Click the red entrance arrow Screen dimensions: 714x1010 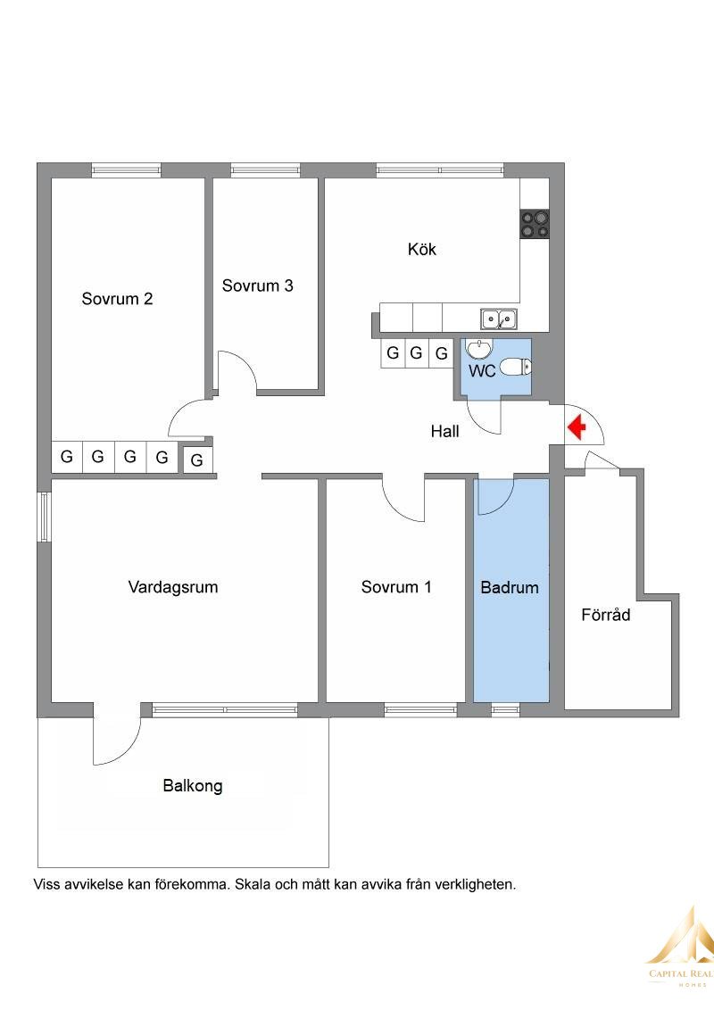pos(576,427)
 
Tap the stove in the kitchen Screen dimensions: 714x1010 pos(535,224)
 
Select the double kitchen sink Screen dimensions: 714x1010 pos(498,319)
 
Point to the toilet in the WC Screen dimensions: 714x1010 pos(516,368)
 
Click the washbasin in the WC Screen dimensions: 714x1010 pos(478,349)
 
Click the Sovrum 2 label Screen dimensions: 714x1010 pos(117,299)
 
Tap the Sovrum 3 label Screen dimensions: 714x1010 pos(257,286)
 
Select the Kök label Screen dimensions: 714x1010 pos(422,249)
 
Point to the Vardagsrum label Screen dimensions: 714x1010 pos(173,587)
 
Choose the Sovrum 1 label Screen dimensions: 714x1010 pos(395,587)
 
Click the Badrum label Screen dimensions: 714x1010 pos(510,587)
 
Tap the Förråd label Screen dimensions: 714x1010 pos(605,614)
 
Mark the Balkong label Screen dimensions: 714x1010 pos(193,786)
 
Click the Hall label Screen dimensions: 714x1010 pos(444,431)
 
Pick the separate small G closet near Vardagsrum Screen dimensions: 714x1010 pos(197,459)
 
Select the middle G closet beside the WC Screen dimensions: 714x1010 pos(416,353)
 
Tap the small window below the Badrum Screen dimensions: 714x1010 pos(505,710)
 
